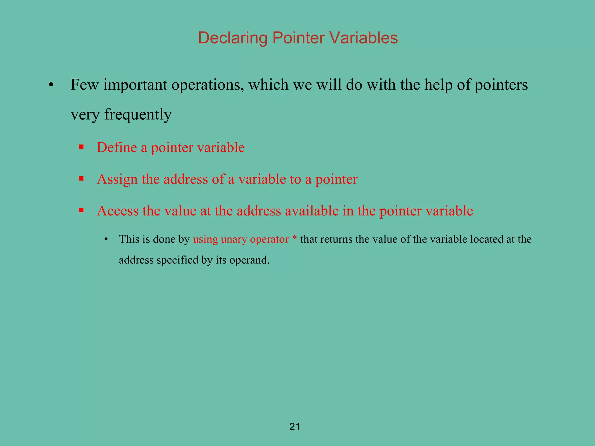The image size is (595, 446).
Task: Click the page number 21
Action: [295, 427]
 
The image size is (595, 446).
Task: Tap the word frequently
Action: [138, 115]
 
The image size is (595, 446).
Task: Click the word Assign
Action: [117, 179]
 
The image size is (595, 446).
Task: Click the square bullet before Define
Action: [81, 147]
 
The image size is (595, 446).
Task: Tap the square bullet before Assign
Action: [81, 178]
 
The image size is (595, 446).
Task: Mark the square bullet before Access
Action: [81, 210]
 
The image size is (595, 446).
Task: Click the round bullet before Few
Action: [51, 85]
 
